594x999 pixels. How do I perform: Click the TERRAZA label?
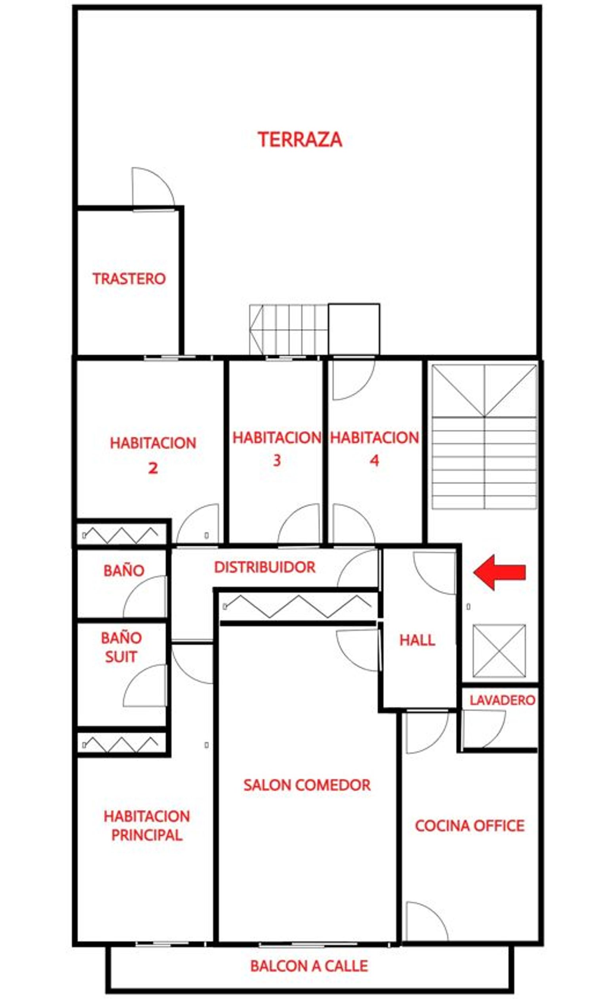point(300,140)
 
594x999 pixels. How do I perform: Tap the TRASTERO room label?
point(129,279)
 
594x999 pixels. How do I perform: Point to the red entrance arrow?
point(499,572)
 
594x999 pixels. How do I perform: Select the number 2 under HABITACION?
point(153,468)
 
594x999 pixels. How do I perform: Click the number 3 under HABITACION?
point(276,461)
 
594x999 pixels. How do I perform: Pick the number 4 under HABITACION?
point(374,461)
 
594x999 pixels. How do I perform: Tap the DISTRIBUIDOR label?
point(265,567)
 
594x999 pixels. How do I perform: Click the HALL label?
point(417,640)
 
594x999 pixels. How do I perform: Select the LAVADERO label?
point(503,700)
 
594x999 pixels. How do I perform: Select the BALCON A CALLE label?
point(309,966)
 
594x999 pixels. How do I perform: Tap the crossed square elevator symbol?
point(499,651)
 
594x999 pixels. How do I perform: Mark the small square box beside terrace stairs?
point(354,329)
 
